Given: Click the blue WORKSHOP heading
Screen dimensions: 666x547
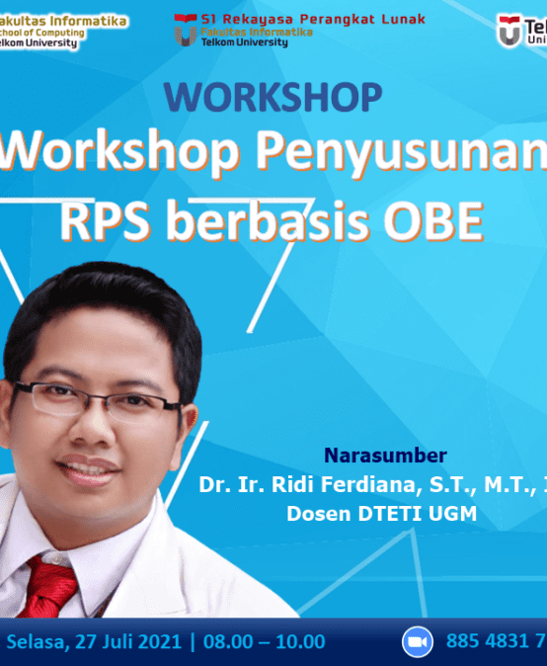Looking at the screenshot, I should click(273, 98).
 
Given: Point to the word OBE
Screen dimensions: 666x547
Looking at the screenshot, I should click(435, 221).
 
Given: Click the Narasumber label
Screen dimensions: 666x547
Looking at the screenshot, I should click(385, 456).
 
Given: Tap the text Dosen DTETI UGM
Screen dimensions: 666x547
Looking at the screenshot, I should click(381, 514).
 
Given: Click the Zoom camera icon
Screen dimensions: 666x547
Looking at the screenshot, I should click(418, 642).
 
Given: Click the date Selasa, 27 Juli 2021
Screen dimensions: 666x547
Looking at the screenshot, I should click(94, 641).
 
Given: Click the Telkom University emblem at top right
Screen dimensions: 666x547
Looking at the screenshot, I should click(509, 30).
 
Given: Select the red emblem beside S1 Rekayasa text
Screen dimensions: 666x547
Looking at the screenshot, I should click(184, 30).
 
